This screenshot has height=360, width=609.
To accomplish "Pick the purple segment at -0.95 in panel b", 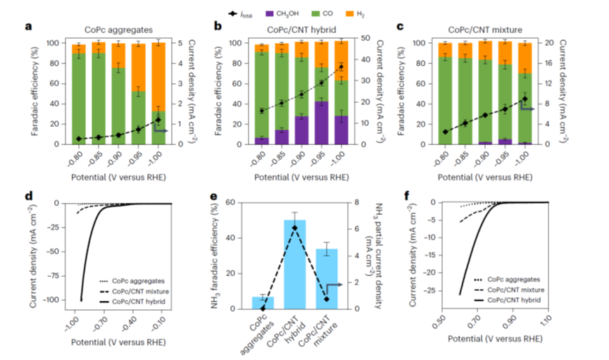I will [x=321, y=123].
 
